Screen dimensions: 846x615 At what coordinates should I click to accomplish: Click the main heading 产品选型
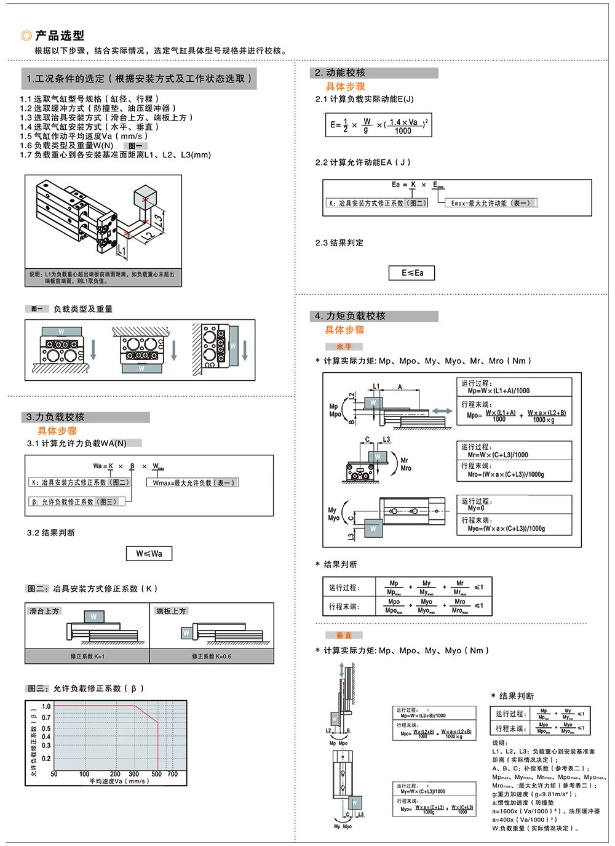pyautogui.click(x=59, y=36)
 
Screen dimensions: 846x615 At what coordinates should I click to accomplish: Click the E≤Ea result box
pyautogui.click(x=412, y=273)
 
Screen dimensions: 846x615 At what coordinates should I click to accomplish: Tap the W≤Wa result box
pyautogui.click(x=149, y=554)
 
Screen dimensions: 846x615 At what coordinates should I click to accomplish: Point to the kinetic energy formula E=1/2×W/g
pyautogui.click(x=379, y=125)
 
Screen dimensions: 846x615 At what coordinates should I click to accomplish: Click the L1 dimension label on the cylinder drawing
pyautogui.click(x=122, y=250)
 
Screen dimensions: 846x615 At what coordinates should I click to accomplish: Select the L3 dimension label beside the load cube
pyautogui.click(x=159, y=219)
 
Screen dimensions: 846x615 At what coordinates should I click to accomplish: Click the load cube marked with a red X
pyautogui.click(x=146, y=198)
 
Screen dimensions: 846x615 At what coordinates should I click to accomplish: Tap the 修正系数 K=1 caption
pyautogui.click(x=87, y=656)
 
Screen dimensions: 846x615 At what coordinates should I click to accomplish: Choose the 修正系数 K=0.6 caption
pyautogui.click(x=211, y=656)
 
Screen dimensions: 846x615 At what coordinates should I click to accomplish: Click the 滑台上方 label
pyautogui.click(x=44, y=611)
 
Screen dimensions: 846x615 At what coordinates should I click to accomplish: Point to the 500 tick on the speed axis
pyautogui.click(x=157, y=774)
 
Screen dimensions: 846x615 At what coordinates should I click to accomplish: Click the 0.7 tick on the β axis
pyautogui.click(x=46, y=717)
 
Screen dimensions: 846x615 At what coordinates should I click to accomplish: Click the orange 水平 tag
pyautogui.click(x=344, y=347)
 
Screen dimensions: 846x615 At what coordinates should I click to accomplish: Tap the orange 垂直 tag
pyautogui.click(x=344, y=636)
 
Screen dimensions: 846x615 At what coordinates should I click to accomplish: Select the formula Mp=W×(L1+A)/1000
pyautogui.click(x=498, y=391)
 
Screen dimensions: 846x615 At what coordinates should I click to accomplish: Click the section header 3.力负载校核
pyautogui.click(x=55, y=417)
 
